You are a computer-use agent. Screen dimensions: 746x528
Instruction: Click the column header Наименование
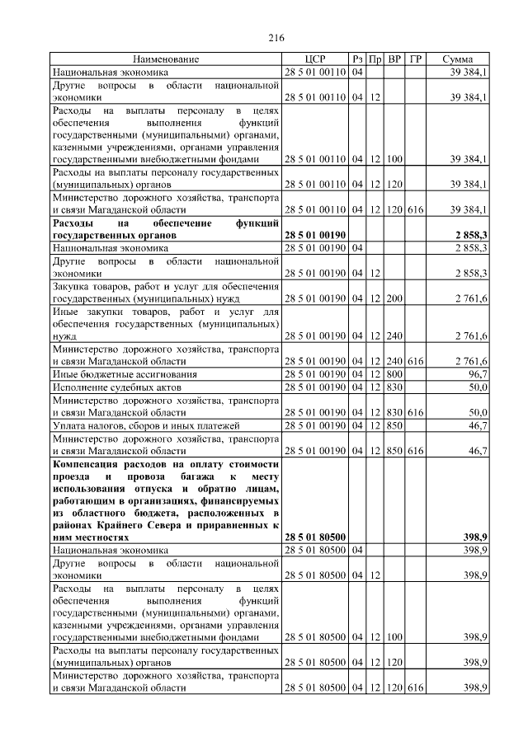[167, 60]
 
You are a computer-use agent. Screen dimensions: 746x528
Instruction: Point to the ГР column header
[416, 60]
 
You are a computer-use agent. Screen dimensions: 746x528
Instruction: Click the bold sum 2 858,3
[469, 235]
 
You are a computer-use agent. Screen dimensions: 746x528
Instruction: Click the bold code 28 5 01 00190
[314, 235]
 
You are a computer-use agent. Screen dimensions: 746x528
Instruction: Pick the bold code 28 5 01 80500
[314, 537]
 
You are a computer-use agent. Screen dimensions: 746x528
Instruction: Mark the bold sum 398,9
[474, 537]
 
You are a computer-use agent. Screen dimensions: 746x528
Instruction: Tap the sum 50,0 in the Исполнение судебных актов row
[475, 387]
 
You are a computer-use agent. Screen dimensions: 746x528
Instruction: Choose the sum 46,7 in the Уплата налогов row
[475, 425]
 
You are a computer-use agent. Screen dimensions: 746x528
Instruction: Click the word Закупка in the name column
[72, 286]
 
